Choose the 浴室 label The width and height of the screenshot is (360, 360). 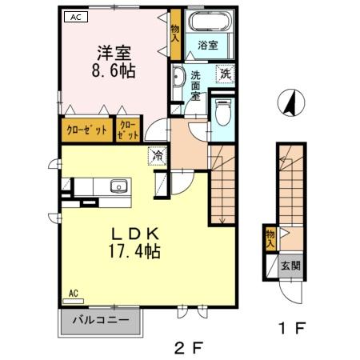[208, 46]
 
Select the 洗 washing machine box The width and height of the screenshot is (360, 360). [226, 74]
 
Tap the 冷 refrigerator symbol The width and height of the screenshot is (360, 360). [158, 155]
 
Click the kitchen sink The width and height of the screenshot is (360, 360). [118, 186]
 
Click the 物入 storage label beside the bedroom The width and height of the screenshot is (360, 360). [175, 33]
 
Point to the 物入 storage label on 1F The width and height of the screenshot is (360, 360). [270, 238]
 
